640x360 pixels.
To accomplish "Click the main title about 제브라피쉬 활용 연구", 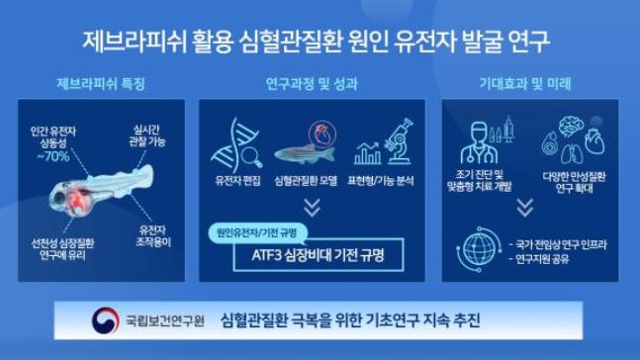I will tap(320, 41).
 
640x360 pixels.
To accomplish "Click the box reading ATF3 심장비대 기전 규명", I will tap(320, 253).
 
